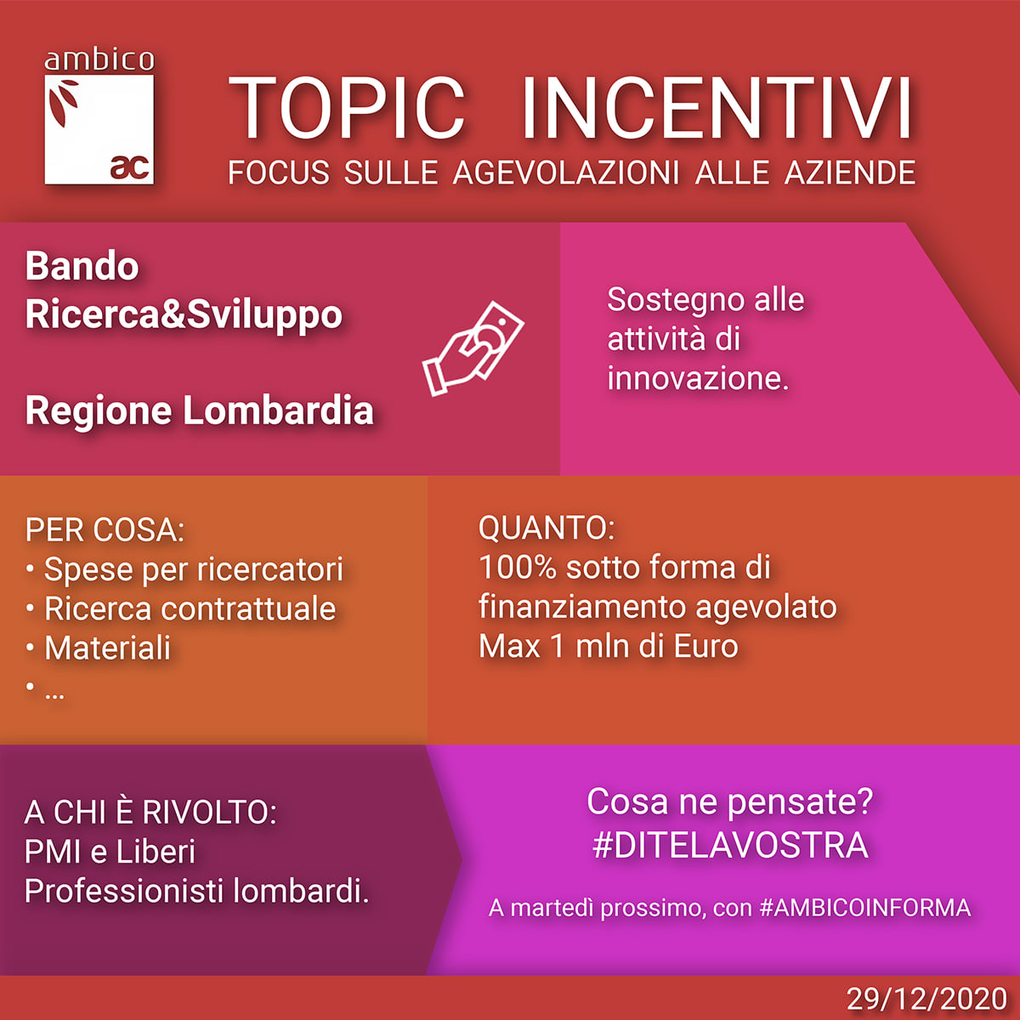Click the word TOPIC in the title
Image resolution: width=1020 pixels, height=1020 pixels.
(347, 108)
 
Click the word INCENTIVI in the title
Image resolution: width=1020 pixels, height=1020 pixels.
(717, 108)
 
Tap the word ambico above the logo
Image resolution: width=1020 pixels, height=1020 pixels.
(99, 60)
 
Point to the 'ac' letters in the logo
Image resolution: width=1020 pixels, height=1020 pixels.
(130, 167)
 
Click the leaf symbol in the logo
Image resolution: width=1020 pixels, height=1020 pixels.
(63, 102)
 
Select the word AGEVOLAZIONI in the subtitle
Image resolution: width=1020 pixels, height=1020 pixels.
(566, 173)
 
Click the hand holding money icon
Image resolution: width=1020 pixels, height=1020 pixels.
(473, 348)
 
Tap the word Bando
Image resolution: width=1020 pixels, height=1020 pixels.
(82, 266)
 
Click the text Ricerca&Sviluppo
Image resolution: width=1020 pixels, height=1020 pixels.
(184, 315)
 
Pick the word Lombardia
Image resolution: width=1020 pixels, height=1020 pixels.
(279, 411)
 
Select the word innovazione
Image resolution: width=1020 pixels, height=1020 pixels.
(698, 378)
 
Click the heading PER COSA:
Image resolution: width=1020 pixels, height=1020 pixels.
(105, 530)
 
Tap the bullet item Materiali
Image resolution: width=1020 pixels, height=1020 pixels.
(107, 648)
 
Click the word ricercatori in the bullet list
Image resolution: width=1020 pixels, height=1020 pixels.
(270, 569)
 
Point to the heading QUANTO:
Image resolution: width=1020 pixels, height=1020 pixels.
(547, 528)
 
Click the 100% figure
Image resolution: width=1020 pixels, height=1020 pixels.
(518, 567)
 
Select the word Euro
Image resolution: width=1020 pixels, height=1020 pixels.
(706, 646)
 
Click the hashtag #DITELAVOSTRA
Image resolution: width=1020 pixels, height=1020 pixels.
(730, 845)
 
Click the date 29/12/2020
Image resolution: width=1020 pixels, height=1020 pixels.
(926, 999)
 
